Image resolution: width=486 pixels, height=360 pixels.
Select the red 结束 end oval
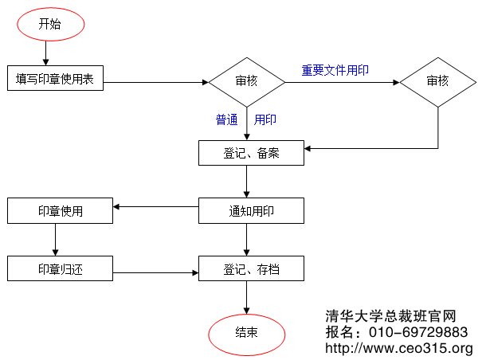[x=246, y=332]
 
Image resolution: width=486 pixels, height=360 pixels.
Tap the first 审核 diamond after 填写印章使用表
[x=246, y=80]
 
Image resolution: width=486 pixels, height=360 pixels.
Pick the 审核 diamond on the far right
[x=437, y=80]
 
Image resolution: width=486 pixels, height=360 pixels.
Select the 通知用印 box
[x=251, y=211]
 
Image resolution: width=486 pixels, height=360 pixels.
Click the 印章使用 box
[x=60, y=211]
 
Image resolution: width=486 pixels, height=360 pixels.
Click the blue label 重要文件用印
[x=335, y=70]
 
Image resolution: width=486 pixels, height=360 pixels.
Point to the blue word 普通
[x=227, y=120]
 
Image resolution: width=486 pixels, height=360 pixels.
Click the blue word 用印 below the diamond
[x=265, y=120]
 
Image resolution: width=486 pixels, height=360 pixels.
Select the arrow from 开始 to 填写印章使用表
[x=48, y=54]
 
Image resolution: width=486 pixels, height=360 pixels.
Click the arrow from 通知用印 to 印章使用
[x=155, y=209]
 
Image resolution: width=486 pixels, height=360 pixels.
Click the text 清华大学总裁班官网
[x=390, y=315]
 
